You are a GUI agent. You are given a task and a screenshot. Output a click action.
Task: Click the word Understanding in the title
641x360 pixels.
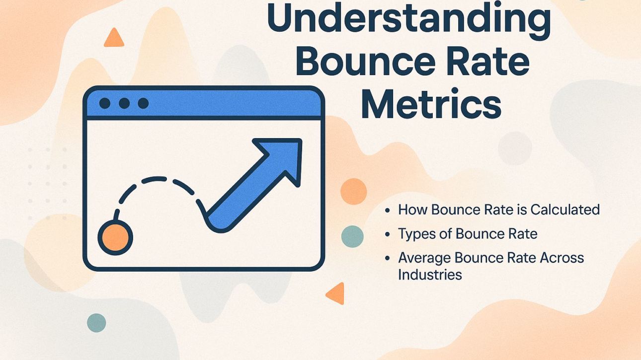click(408, 19)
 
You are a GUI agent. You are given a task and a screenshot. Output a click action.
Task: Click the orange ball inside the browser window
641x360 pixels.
click(115, 237)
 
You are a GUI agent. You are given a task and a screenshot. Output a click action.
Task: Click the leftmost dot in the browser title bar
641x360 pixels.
click(105, 103)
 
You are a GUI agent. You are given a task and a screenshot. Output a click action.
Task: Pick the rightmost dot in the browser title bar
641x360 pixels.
click(143, 103)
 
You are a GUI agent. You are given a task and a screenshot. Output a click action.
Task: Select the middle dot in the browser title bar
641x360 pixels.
click(124, 103)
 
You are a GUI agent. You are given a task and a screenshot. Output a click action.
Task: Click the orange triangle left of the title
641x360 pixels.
click(114, 39)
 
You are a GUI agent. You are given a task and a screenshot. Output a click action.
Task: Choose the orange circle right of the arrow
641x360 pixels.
click(354, 191)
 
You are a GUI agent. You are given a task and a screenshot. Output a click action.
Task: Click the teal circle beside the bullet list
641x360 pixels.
click(352, 236)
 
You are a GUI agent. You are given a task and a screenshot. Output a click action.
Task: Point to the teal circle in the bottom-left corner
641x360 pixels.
click(96, 323)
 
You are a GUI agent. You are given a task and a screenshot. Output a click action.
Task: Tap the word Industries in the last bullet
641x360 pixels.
click(430, 274)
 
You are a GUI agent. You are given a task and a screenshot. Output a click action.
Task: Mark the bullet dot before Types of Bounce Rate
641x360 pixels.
click(388, 234)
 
